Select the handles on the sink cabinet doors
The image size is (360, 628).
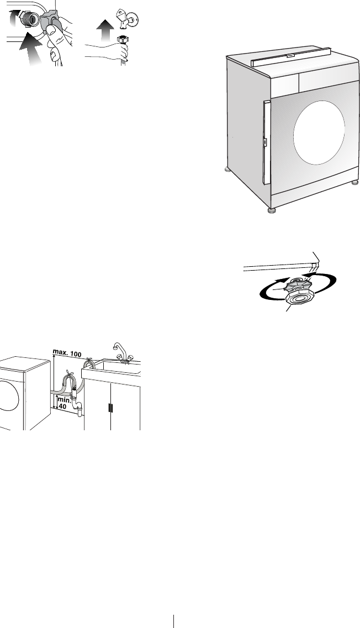110,408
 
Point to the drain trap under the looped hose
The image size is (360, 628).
78,409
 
